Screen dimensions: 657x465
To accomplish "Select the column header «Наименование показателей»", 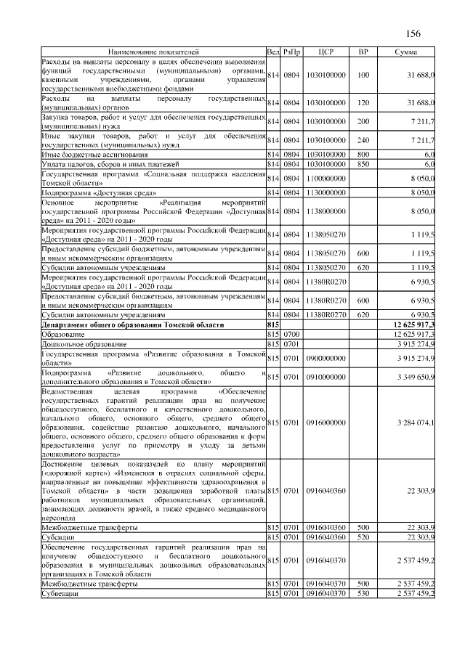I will tap(153, 53).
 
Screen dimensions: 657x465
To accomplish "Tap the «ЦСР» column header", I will tap(325, 53).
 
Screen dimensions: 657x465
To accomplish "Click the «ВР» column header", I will tap(364, 53).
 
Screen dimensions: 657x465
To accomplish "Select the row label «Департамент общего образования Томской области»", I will tap(132, 325).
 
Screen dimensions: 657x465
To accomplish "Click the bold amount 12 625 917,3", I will tap(413, 325).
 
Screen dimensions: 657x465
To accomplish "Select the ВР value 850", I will tap(364, 164).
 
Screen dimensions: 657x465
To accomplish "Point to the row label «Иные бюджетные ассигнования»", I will tap(94, 155).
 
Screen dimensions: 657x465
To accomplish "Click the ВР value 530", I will tap(364, 595).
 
